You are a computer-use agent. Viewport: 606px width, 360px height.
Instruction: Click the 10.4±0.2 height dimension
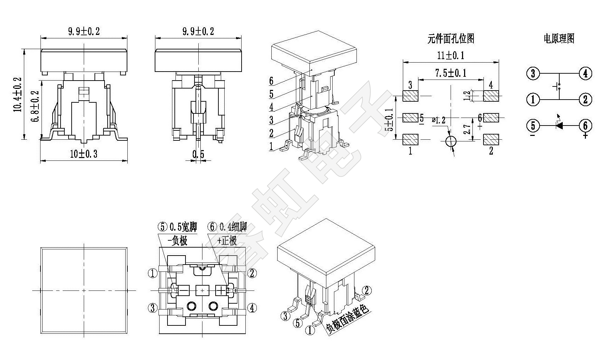click(x=18, y=94)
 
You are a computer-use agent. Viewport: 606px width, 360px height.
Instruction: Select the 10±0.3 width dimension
click(x=83, y=154)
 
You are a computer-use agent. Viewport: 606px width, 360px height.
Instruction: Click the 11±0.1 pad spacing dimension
click(x=451, y=55)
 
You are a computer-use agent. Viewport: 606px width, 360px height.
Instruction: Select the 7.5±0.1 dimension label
click(x=451, y=73)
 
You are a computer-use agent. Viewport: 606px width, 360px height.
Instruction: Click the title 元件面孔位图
click(x=451, y=39)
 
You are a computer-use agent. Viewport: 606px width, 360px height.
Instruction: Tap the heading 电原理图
click(x=559, y=38)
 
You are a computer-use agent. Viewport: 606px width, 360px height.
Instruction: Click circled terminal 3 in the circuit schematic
click(x=533, y=73)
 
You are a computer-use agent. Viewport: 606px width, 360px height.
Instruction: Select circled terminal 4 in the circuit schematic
click(x=585, y=73)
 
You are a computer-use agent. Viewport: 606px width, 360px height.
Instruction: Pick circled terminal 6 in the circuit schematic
click(x=585, y=125)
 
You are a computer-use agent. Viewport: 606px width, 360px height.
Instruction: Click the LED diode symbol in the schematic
click(x=559, y=125)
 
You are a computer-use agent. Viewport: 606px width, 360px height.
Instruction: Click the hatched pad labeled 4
click(x=491, y=96)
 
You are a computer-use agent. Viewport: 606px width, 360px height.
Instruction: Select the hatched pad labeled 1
click(x=411, y=139)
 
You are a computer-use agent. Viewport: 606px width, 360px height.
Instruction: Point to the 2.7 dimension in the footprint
click(x=468, y=129)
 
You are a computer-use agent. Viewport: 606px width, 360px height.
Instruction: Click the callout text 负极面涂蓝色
click(x=347, y=320)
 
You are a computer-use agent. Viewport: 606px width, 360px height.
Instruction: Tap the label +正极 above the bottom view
click(x=227, y=241)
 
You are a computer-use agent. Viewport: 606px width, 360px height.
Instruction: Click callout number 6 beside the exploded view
click(x=271, y=81)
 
